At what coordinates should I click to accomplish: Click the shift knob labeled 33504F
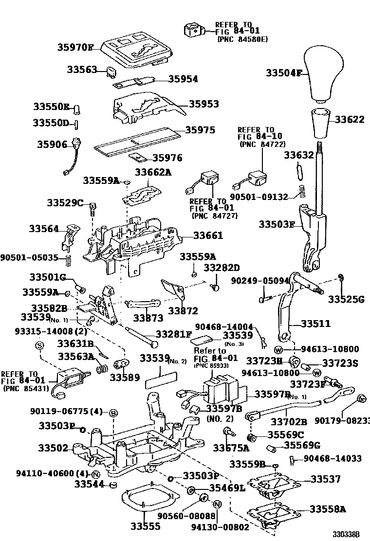tap(322, 79)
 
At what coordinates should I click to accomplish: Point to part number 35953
tap(203, 104)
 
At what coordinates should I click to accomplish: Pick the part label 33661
tap(208, 235)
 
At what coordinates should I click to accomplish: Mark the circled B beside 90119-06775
tap(112, 412)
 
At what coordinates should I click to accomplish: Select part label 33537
tap(326, 479)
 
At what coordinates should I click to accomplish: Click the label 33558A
tap(328, 509)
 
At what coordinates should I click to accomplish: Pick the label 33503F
tap(277, 224)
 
